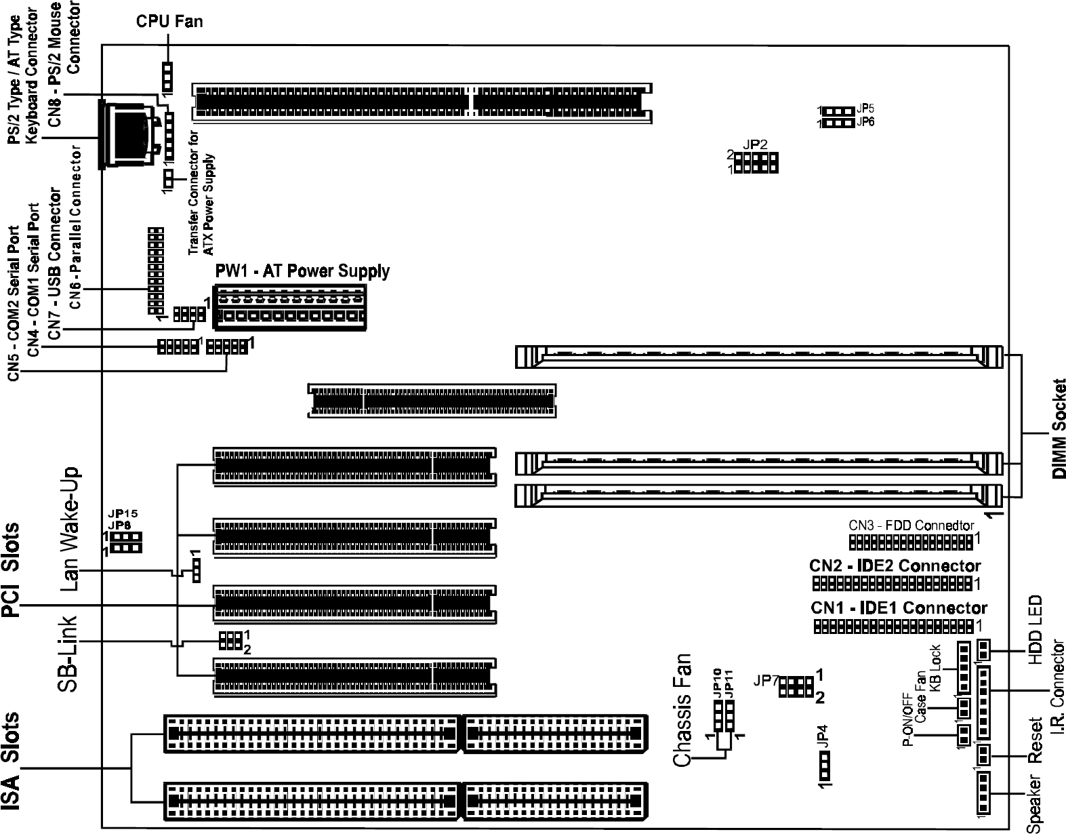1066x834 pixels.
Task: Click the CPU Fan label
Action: tap(169, 22)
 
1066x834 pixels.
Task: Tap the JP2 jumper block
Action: tap(756, 163)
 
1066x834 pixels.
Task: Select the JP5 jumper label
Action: tap(865, 108)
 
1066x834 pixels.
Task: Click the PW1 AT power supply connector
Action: tap(289, 308)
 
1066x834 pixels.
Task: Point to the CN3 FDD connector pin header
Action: tap(911, 542)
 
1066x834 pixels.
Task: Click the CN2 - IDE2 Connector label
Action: tap(895, 565)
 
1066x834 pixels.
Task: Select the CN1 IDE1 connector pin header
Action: tap(893, 627)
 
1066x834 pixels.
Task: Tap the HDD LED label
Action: tap(1035, 630)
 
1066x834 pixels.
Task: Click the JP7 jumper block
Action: tap(796, 686)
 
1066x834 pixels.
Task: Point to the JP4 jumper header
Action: tap(824, 768)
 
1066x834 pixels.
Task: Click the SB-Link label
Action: tap(67, 653)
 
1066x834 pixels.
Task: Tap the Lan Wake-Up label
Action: tap(70, 529)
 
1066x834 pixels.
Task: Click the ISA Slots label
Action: tap(11, 762)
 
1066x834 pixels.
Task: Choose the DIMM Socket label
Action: tap(1059, 429)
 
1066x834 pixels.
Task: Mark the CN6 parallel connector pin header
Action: tap(156, 270)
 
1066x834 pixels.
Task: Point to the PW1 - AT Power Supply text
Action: tap(302, 271)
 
